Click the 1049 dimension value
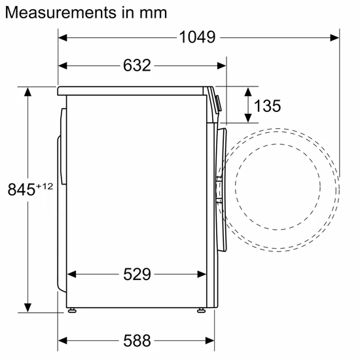197,37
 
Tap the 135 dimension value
268,105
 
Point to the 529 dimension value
137,274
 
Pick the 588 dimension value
137,340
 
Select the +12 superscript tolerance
44,186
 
